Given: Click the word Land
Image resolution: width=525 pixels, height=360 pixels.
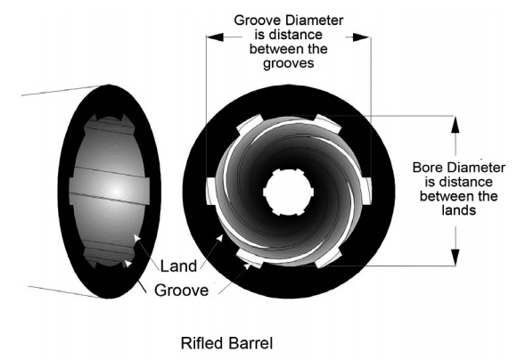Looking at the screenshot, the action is tap(178, 266).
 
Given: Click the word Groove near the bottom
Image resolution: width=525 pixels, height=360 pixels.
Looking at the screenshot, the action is tap(182, 290).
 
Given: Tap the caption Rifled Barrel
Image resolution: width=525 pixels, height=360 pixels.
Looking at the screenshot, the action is tap(227, 343).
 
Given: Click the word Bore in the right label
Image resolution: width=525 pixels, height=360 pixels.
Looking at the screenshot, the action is tap(427, 168).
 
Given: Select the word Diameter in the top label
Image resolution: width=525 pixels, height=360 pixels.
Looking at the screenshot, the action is tap(315, 20).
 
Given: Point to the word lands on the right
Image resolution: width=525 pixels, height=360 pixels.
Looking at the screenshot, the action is tap(459, 210).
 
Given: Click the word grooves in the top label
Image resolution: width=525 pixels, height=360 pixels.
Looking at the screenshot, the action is tap(289, 63).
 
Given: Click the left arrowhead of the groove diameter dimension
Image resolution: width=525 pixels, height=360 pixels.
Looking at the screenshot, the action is tap(215, 37).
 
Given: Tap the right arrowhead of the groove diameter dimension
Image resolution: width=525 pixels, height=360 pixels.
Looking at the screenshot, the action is tap(361, 37).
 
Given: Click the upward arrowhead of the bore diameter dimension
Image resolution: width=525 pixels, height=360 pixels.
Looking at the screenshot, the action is tap(455, 125).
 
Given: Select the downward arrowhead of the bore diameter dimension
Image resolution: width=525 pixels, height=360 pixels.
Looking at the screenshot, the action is tap(455, 258).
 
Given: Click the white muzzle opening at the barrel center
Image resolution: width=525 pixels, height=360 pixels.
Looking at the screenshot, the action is tap(288, 192).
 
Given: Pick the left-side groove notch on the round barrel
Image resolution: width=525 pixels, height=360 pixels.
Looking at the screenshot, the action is tap(211, 191).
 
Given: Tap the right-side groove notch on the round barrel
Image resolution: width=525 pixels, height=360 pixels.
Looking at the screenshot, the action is tap(366, 191).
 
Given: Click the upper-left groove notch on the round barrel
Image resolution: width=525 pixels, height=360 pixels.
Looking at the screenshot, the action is tap(250, 124).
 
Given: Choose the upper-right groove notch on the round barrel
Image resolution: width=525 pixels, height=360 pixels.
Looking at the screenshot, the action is tap(328, 124).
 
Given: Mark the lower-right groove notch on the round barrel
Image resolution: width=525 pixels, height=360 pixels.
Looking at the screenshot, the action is tap(328, 258).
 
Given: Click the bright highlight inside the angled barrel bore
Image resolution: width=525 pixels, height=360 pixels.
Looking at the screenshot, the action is tap(116, 191).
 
